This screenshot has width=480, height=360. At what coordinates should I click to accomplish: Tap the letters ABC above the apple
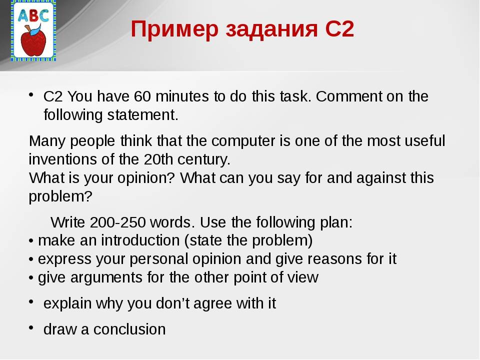click(33, 15)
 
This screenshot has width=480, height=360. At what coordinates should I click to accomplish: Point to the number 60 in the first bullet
click(142, 96)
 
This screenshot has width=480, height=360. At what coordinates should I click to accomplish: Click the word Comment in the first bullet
click(348, 96)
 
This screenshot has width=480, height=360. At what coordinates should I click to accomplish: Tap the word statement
click(142, 115)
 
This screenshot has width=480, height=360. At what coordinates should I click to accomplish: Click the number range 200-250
click(117, 222)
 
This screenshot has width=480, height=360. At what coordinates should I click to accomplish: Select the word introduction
click(140, 240)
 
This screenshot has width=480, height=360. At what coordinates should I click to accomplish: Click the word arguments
click(106, 278)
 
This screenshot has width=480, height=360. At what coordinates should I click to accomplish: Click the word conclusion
click(129, 329)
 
